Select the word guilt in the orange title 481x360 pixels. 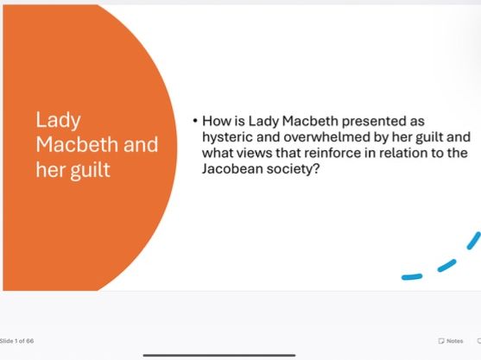pyautogui.click(x=92, y=169)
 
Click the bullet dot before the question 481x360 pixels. pyautogui.click(x=195, y=122)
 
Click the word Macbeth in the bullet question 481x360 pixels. pyautogui.click(x=314, y=122)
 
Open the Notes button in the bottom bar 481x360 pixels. pyautogui.click(x=451, y=341)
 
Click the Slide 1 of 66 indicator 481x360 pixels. pyautogui.click(x=17, y=341)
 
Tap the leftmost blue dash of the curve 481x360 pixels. pyautogui.click(x=413, y=276)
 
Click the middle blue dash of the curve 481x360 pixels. pyautogui.click(x=446, y=264)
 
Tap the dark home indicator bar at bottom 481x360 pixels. pyautogui.click(x=219, y=354)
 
